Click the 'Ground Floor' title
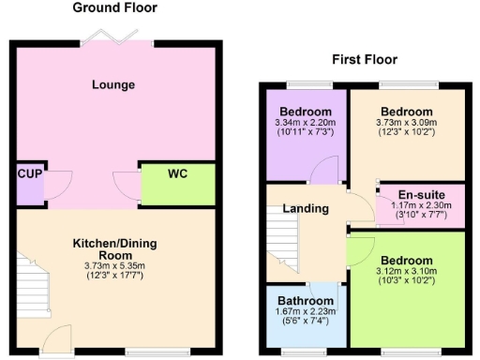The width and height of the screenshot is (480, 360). click(x=115, y=8)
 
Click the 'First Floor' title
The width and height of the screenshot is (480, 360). click(x=365, y=60)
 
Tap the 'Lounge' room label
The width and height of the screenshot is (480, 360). click(x=113, y=85)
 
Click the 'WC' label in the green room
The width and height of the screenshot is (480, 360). click(x=178, y=174)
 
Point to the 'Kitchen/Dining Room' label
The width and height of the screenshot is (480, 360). click(x=115, y=249)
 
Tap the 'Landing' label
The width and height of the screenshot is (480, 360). click(x=306, y=208)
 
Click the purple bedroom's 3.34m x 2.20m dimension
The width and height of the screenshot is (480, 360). click(x=306, y=123)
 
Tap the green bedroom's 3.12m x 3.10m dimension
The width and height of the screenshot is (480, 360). click(x=407, y=272)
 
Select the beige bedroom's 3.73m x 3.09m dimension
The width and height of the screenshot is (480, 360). click(x=407, y=123)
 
